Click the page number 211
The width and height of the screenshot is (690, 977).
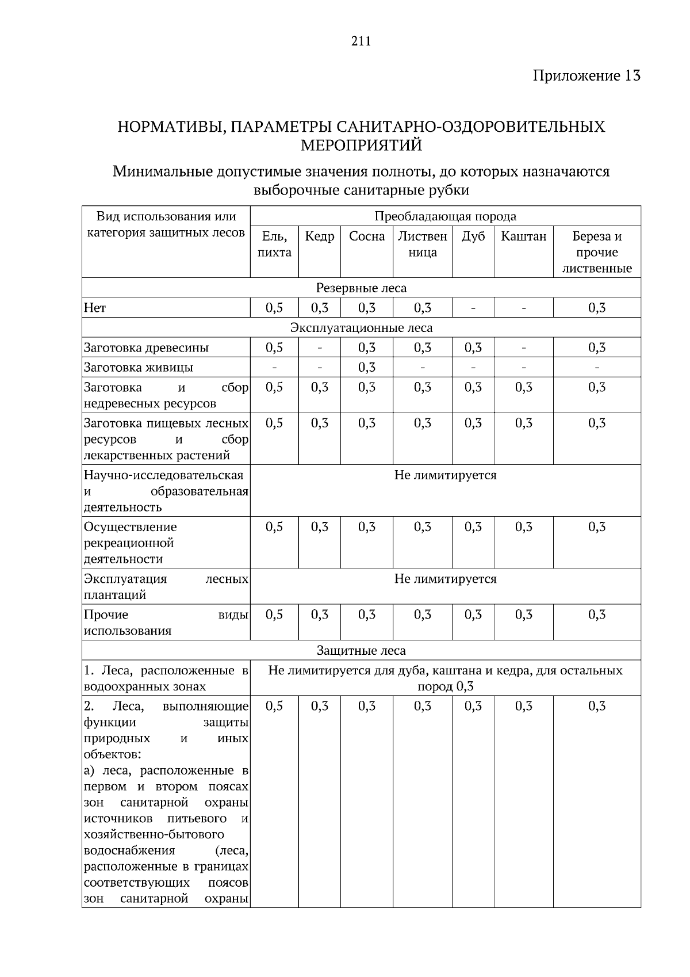tap(361, 41)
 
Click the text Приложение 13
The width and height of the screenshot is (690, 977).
tap(586, 75)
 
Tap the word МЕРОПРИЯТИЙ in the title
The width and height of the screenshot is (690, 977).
tap(361, 145)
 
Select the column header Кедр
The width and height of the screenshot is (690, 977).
tap(319, 236)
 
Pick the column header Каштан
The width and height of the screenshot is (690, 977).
tap(523, 236)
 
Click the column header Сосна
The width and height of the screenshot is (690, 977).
tap(366, 236)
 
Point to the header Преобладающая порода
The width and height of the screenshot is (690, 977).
tap(445, 216)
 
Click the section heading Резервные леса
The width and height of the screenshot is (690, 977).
tap(361, 288)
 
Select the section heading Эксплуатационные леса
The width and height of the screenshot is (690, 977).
tap(361, 327)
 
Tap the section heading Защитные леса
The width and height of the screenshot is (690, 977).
tap(361, 650)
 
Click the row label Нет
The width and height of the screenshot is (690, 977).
tap(95, 308)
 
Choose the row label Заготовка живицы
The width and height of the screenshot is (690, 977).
tap(138, 367)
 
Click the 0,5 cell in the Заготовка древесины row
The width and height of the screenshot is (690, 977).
tap(274, 348)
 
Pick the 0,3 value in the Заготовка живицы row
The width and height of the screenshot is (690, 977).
tap(366, 367)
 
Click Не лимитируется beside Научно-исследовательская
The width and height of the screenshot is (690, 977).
tap(445, 475)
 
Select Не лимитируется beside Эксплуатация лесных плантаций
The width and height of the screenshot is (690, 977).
tap(445, 579)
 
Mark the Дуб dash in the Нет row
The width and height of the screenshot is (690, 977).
tap(473, 308)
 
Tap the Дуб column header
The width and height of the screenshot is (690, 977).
tap(473, 236)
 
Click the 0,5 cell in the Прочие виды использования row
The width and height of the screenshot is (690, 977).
tap(274, 615)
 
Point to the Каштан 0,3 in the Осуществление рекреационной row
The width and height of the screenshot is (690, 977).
tap(523, 527)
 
